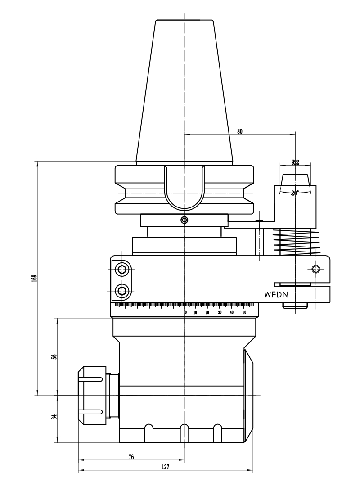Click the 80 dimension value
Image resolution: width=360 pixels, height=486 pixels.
(x=240, y=131)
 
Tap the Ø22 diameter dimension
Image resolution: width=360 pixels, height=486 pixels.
(x=295, y=162)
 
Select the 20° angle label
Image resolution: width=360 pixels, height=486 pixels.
(x=295, y=193)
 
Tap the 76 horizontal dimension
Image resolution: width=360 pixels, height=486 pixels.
(x=131, y=457)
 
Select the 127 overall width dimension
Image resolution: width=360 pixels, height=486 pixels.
(x=165, y=468)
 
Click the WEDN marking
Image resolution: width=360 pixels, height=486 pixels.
(x=276, y=295)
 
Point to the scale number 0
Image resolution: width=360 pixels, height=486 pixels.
(x=185, y=312)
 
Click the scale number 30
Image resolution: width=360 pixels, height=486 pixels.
(x=220, y=312)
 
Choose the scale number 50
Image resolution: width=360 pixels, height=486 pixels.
(x=244, y=312)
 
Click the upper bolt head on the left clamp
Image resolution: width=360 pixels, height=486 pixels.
(x=121, y=270)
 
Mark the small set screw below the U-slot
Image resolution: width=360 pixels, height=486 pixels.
(x=184, y=220)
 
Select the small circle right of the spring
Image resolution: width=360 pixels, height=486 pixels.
(x=316, y=269)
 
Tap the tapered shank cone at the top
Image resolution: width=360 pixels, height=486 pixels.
(x=184, y=90)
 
